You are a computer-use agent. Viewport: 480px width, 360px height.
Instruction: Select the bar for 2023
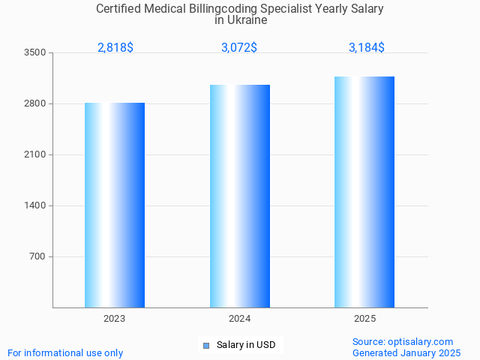tap(115, 205)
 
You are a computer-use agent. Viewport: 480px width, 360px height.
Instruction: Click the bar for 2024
tap(240, 196)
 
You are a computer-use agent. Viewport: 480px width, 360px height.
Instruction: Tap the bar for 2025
tap(364, 192)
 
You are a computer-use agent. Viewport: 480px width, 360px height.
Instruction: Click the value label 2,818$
tap(115, 47)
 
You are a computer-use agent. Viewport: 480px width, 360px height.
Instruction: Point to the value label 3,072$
tap(239, 47)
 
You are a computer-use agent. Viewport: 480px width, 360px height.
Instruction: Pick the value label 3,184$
tap(367, 47)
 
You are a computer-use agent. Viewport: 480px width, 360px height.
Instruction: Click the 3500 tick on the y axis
tap(35, 52)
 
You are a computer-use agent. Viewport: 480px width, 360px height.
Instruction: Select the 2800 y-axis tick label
tap(35, 103)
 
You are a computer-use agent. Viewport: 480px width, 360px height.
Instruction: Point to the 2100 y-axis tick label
tap(35, 154)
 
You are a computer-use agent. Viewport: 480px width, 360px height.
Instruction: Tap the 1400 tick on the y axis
tap(35, 205)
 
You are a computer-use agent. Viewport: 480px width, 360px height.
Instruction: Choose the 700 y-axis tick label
tap(37, 256)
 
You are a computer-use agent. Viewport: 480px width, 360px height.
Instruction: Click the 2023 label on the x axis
tap(115, 319)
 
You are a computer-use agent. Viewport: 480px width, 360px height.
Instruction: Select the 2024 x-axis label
tap(240, 319)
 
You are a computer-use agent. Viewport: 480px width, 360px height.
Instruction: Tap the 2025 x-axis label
tap(364, 319)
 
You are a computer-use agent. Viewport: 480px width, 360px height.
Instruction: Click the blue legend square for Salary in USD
tap(206, 345)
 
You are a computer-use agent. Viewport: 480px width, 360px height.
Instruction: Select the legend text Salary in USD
tap(246, 345)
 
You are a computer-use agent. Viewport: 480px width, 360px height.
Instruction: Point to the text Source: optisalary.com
tap(403, 341)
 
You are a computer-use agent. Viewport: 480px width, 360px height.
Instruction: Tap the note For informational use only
tap(65, 352)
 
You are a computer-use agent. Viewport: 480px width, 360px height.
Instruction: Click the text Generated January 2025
tap(406, 352)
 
